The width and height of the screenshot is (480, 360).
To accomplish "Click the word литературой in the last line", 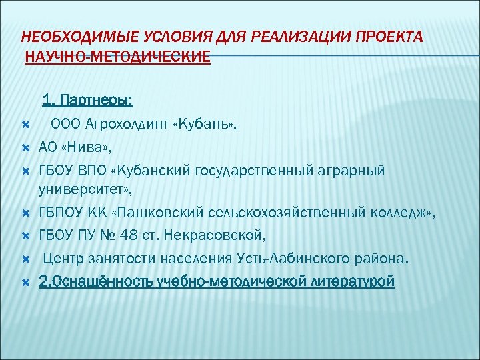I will click(353, 281).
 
